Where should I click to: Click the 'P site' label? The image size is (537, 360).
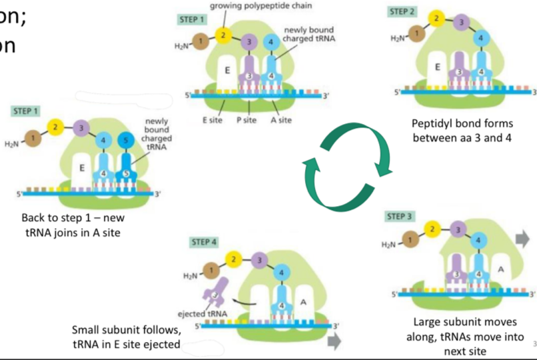point(247,120)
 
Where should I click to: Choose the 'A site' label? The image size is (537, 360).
point(280,120)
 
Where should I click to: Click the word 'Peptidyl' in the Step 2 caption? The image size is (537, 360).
point(432,123)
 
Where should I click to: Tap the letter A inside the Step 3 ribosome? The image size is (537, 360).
point(500,269)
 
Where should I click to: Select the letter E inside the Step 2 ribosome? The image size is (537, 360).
point(437,67)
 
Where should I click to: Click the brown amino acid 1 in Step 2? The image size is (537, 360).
point(417,33)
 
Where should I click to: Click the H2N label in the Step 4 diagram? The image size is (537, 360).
point(190,275)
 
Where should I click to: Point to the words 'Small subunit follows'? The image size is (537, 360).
point(127,331)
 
